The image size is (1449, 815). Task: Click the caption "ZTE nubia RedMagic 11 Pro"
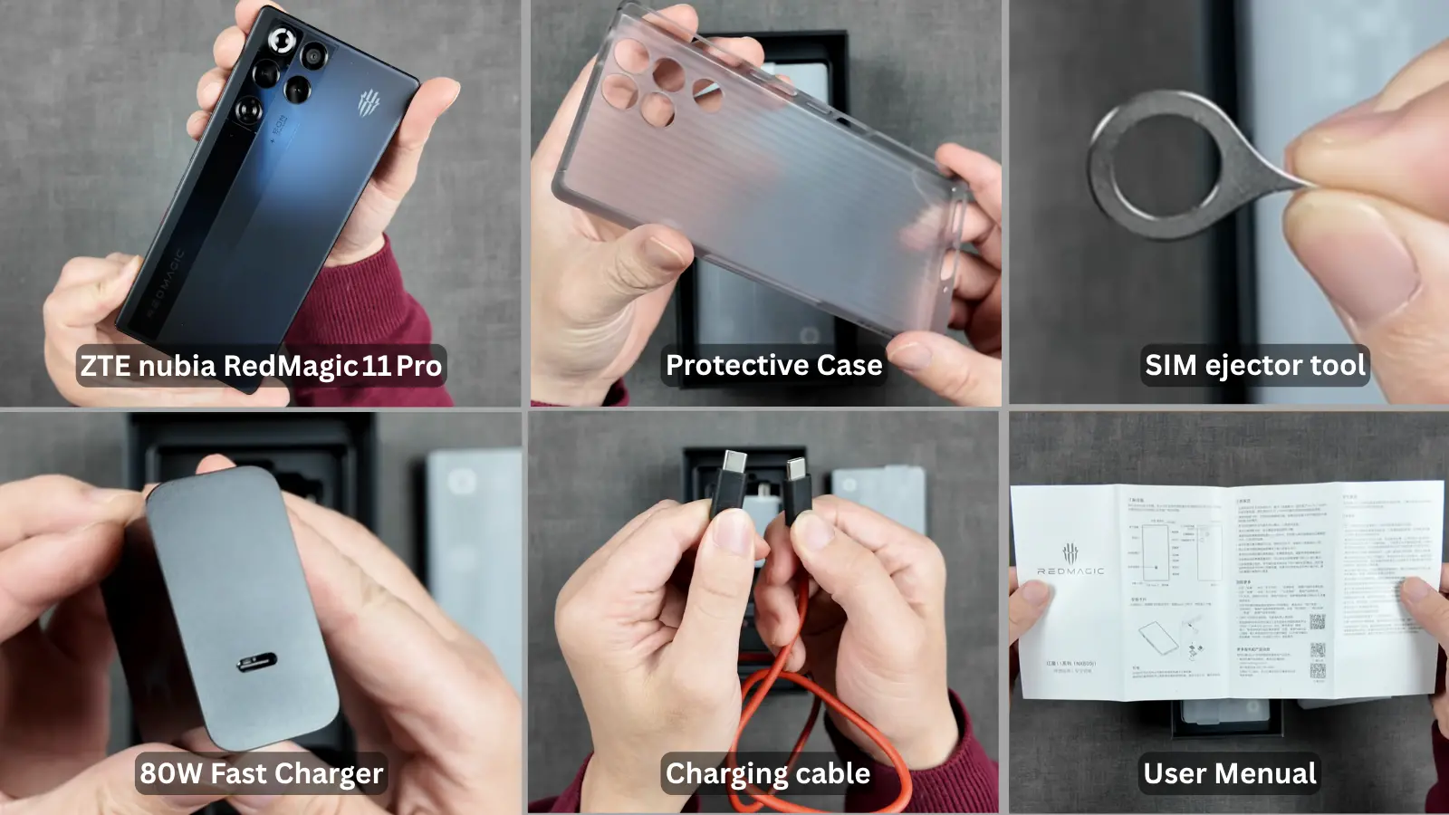click(x=261, y=366)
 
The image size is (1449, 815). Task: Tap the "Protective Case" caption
click(x=773, y=365)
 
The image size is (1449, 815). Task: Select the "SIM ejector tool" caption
click(x=1254, y=365)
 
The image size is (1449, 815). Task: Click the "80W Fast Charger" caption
click(x=261, y=773)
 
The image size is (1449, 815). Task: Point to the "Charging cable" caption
click(x=768, y=773)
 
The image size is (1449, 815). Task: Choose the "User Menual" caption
click(x=1229, y=773)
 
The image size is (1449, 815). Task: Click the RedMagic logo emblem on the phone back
click(x=368, y=104)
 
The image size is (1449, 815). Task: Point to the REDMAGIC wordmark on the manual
click(x=1070, y=571)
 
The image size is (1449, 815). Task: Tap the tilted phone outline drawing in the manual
click(x=1158, y=639)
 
